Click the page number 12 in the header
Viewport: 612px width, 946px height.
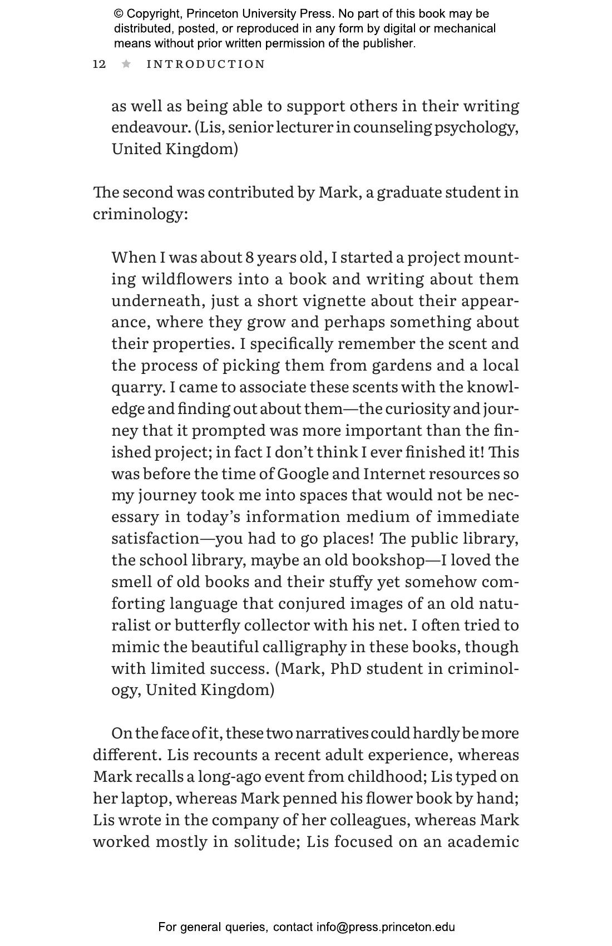point(99,64)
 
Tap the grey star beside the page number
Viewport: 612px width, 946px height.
point(126,64)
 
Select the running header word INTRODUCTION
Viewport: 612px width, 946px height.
point(206,64)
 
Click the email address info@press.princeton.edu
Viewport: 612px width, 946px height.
point(386,927)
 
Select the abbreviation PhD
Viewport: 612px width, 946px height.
point(346,668)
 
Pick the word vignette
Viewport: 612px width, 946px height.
point(333,300)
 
